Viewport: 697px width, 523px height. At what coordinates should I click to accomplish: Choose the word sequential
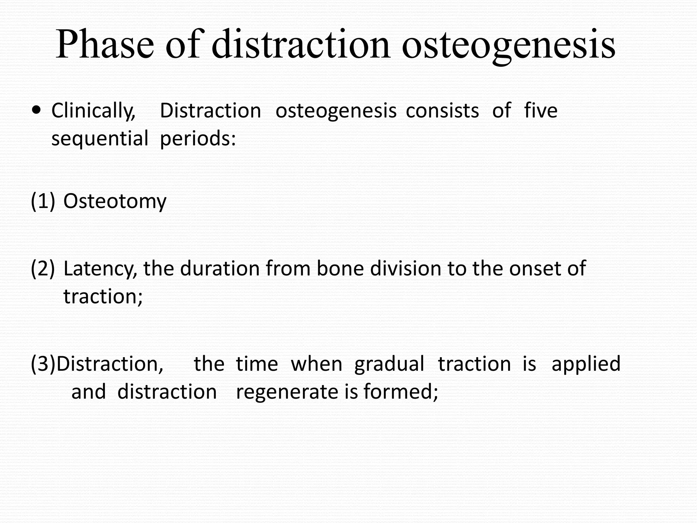pyautogui.click(x=100, y=139)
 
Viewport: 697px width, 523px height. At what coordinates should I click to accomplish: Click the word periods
pyautogui.click(x=198, y=139)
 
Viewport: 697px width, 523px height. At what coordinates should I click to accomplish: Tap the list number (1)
pyautogui.click(x=43, y=201)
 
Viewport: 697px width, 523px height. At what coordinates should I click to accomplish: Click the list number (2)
pyautogui.click(x=43, y=268)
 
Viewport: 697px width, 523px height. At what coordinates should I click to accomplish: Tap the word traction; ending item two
pyautogui.click(x=103, y=296)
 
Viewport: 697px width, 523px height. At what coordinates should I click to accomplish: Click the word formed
pyautogui.click(x=401, y=392)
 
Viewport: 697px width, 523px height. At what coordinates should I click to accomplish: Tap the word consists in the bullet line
pyautogui.click(x=442, y=110)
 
